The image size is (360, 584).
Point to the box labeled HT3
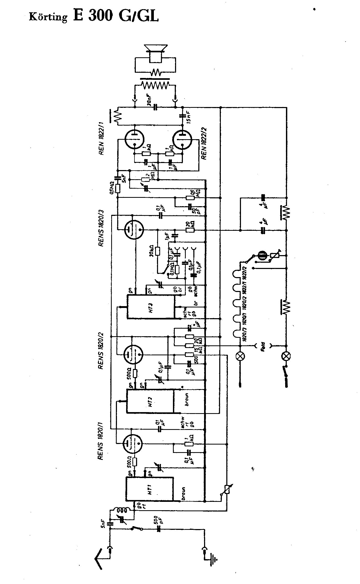(x=151, y=307)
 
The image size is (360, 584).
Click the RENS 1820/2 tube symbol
(x=133, y=354)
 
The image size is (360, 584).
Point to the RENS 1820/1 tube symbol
(x=133, y=443)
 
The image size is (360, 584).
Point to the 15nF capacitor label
(x=189, y=117)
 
